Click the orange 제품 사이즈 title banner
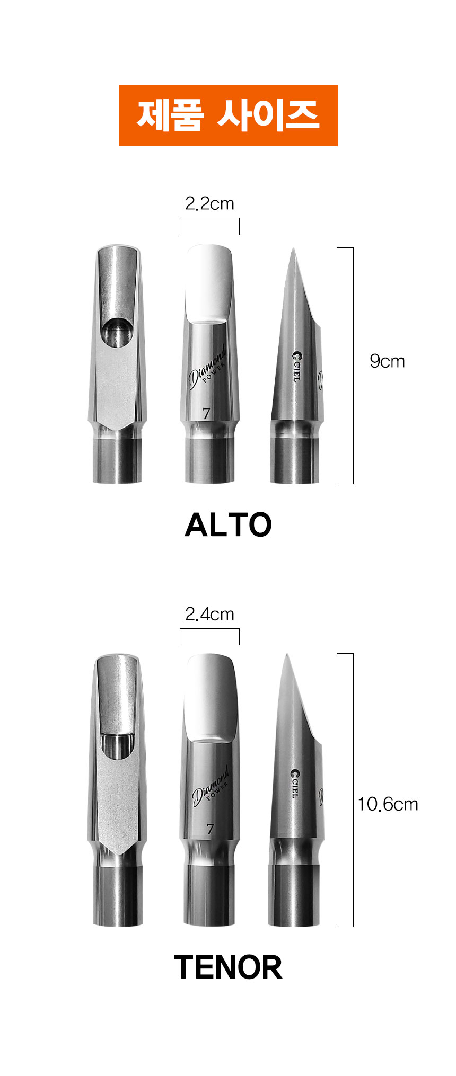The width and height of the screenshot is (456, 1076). (x=228, y=115)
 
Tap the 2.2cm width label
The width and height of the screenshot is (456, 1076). (x=209, y=203)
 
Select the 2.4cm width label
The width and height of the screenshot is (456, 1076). (x=209, y=614)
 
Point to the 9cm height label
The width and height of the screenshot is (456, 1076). (x=387, y=361)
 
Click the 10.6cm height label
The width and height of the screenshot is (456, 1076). (x=388, y=804)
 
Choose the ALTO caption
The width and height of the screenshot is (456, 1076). (x=228, y=524)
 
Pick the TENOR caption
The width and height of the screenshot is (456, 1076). (x=228, y=967)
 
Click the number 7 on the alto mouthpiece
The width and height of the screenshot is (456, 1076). (x=207, y=413)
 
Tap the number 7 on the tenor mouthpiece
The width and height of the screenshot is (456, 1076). (x=210, y=829)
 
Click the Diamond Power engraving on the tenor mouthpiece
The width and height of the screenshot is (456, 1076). (x=211, y=785)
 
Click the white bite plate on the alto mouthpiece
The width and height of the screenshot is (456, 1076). (x=209, y=282)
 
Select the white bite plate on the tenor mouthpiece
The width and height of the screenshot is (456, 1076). (x=210, y=694)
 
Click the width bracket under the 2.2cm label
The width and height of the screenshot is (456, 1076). (x=209, y=219)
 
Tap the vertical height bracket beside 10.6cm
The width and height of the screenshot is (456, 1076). (x=352, y=790)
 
